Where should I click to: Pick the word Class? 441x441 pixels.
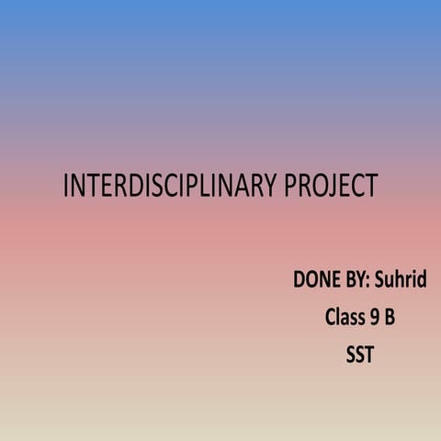point(344,318)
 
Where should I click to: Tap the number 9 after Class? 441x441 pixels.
point(375,318)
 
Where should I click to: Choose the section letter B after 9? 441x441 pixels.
point(390,318)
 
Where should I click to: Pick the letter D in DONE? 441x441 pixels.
point(299,279)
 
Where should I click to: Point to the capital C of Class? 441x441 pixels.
point(329,318)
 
